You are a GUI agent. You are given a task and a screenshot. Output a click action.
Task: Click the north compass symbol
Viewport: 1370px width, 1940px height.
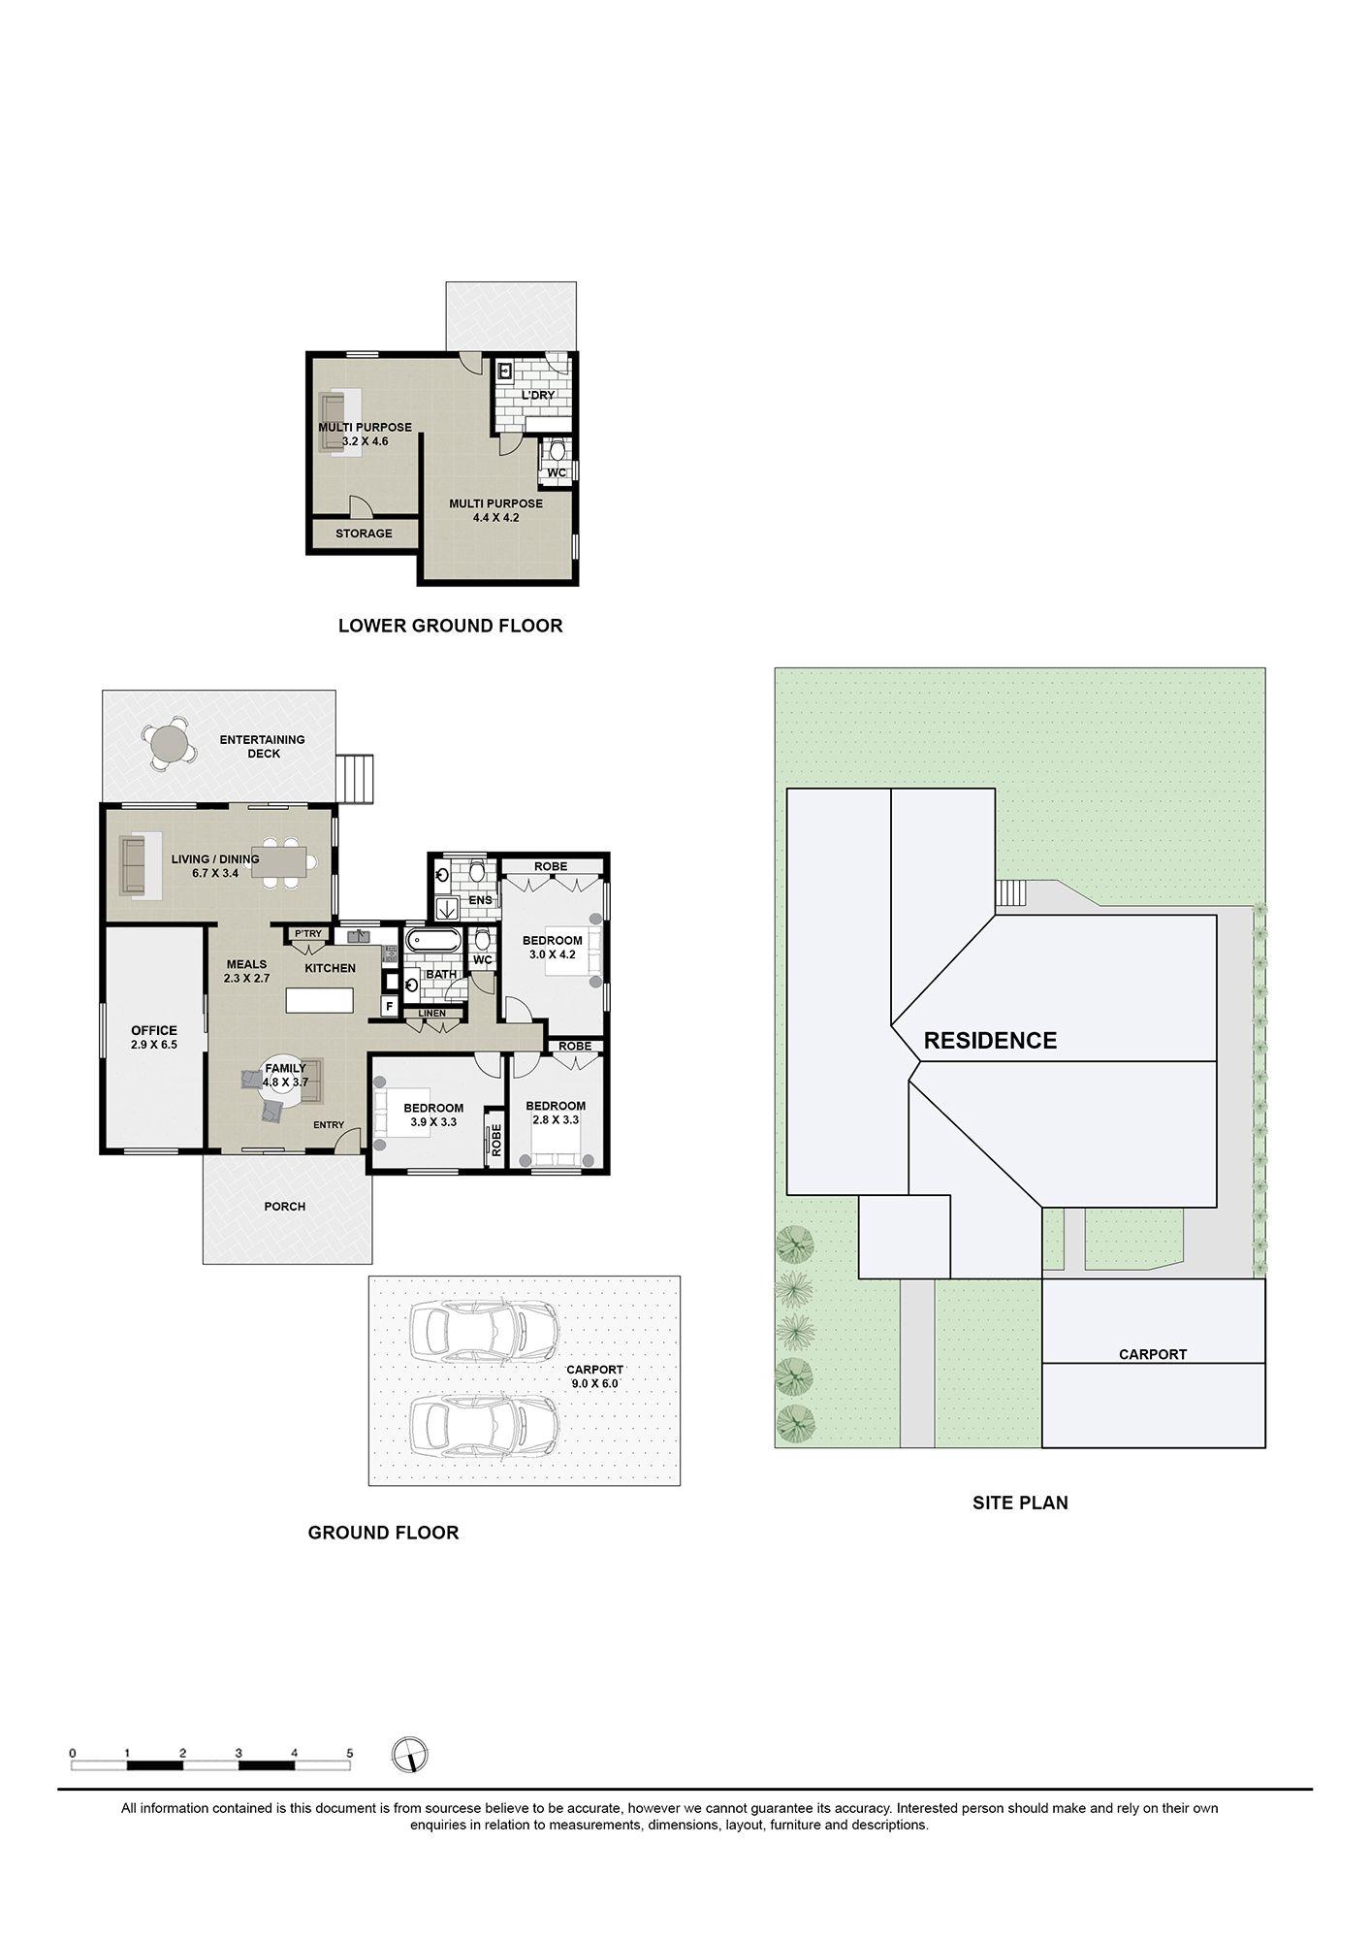[410, 1755]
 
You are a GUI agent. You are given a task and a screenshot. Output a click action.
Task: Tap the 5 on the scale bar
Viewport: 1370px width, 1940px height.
[350, 1753]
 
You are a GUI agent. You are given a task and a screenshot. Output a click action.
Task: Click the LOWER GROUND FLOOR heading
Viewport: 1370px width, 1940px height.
[450, 626]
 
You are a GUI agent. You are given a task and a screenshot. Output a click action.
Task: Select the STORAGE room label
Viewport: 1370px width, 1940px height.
[364, 533]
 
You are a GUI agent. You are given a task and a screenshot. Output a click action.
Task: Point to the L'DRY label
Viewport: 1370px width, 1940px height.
[538, 396]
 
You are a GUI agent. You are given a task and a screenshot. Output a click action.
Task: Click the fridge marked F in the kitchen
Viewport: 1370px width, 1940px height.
[389, 1006]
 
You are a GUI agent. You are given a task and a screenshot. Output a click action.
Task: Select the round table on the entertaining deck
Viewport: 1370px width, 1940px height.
[171, 745]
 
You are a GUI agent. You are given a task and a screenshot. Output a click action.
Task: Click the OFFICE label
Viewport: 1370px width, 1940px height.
[154, 1030]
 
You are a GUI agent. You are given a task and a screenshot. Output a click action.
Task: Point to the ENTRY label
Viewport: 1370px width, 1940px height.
[329, 1125]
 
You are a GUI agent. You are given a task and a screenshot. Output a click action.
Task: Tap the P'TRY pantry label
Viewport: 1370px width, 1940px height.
[307, 934]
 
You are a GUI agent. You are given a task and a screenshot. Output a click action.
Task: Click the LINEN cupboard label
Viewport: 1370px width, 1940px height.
[432, 1014]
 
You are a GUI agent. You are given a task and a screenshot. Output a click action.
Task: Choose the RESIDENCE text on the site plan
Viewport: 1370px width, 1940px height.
[990, 1041]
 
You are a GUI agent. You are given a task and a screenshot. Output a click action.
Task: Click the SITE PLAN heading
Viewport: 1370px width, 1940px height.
[1020, 1503]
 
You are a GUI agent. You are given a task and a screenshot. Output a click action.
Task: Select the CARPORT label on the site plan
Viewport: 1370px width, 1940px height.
[1152, 1354]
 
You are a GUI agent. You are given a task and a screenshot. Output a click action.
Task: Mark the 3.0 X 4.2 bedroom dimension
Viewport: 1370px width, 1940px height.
[552, 954]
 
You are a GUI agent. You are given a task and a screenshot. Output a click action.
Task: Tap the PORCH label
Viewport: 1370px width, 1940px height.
[284, 1207]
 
